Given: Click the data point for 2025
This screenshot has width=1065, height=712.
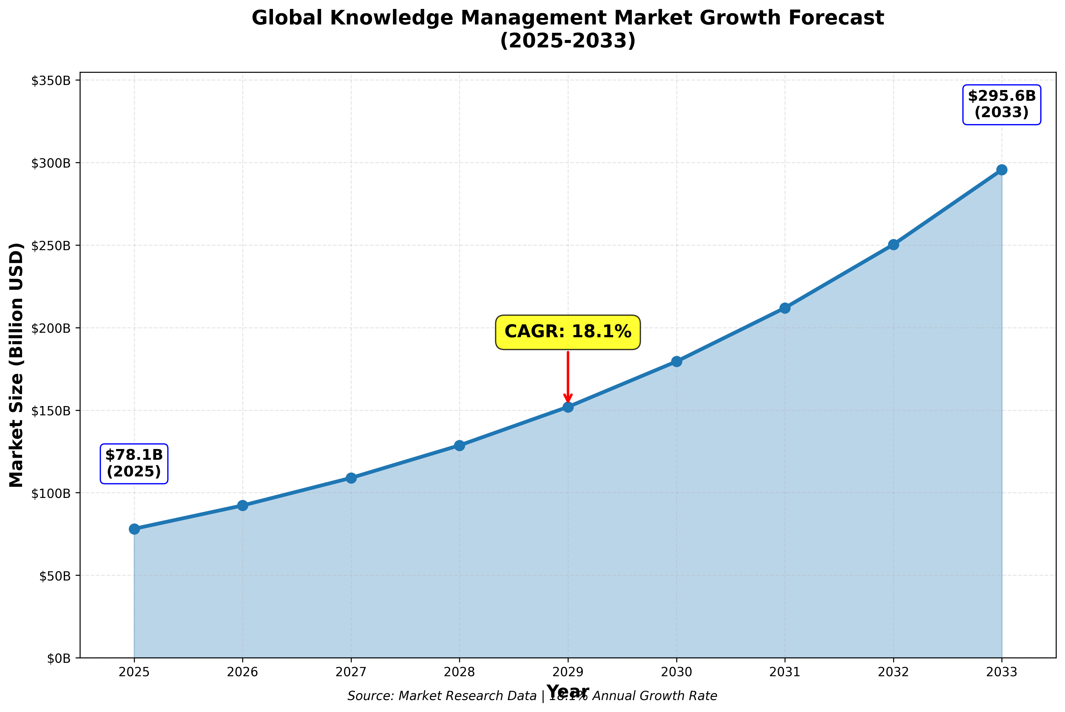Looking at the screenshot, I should pyautogui.click(x=134, y=529).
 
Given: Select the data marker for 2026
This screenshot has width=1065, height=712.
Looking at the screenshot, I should pyautogui.click(x=243, y=505).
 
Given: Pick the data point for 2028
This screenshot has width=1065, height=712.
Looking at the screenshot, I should pyautogui.click(x=459, y=445).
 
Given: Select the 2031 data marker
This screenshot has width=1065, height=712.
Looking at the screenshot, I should pyautogui.click(x=785, y=308).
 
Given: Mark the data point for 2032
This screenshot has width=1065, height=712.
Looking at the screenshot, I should pyautogui.click(x=893, y=245).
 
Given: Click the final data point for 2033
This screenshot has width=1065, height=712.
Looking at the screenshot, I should pyautogui.click(x=1001, y=170).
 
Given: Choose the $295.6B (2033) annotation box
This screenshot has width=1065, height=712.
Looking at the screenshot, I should pyautogui.click(x=1001, y=104).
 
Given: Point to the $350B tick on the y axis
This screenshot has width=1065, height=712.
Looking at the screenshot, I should pyautogui.click(x=51, y=81).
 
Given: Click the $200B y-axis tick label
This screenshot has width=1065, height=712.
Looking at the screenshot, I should pyautogui.click(x=51, y=328).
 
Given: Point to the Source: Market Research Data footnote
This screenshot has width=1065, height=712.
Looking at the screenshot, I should pyautogui.click(x=442, y=696).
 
